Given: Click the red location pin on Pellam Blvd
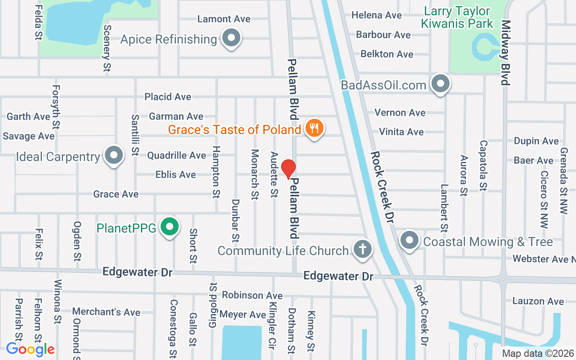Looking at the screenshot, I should pyautogui.click(x=288, y=169).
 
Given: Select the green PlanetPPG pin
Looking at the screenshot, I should pyautogui.click(x=170, y=227).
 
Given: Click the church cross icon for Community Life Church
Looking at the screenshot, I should pyautogui.click(x=363, y=249).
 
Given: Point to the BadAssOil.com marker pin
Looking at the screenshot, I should pyautogui.click(x=440, y=84).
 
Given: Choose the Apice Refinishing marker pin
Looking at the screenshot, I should pyautogui.click(x=232, y=38).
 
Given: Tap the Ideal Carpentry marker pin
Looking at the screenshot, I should pyautogui.click(x=114, y=155).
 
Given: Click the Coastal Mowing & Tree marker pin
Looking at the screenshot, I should pyautogui.click(x=409, y=240).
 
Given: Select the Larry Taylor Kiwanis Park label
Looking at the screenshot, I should pyautogui.click(x=457, y=17).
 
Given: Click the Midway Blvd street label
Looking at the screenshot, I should pyautogui.click(x=506, y=52).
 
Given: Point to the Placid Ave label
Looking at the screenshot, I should pyautogui.click(x=168, y=97).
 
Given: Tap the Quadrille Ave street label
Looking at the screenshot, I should pyautogui.click(x=176, y=155).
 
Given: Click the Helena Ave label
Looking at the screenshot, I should pyautogui.click(x=377, y=15).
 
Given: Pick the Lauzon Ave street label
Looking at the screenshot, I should pyautogui.click(x=538, y=301).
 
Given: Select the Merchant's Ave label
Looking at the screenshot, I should pyautogui.click(x=106, y=311).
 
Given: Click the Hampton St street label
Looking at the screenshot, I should pyautogui.click(x=216, y=172).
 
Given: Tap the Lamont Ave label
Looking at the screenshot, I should pyautogui.click(x=224, y=19).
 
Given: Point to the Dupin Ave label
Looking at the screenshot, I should pyautogui.click(x=536, y=141).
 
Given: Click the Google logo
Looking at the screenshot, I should pyautogui.click(x=30, y=349).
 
